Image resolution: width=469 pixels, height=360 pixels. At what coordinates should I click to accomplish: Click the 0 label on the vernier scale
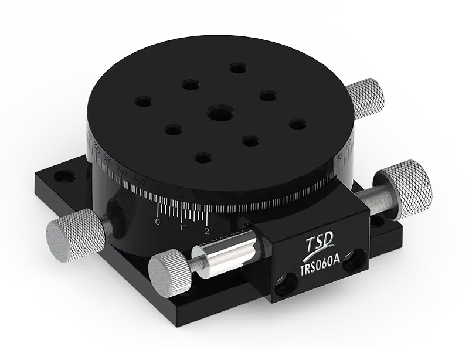click(x=157, y=222)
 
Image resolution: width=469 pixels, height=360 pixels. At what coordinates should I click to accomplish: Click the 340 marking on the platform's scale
click(x=122, y=171)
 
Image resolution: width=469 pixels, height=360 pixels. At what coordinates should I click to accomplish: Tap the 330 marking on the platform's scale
click(x=107, y=159)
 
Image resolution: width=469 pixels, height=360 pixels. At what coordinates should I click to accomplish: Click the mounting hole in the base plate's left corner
click(x=60, y=176)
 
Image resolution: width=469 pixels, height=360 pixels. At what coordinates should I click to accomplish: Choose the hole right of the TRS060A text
click(x=353, y=264)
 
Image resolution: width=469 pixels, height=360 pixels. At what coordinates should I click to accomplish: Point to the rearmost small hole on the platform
click(x=238, y=68)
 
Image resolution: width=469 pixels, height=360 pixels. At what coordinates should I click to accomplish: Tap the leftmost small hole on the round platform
click(x=143, y=101)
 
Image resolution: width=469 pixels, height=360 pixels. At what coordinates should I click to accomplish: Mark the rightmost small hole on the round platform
click(x=298, y=124)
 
